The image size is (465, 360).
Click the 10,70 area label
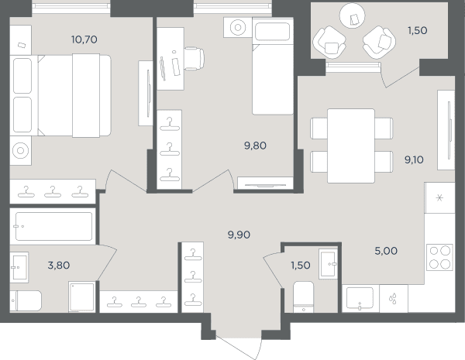[84, 39]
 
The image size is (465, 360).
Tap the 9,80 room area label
[255, 146]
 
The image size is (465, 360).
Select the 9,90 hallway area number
[239, 235]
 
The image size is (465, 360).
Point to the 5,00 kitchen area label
[386, 251]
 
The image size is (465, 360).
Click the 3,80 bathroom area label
[59, 266]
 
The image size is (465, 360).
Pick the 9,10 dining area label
[414, 160]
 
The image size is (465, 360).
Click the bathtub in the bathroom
[53, 226]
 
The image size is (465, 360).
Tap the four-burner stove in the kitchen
[439, 257]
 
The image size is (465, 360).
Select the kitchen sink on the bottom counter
[360, 299]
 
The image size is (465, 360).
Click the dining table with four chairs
[351, 146]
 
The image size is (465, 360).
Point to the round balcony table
[353, 15]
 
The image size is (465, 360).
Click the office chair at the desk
[194, 58]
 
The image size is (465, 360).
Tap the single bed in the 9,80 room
[273, 66]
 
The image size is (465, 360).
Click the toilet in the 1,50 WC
[303, 297]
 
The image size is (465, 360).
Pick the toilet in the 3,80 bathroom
[26, 300]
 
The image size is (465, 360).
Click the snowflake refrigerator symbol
[439, 197]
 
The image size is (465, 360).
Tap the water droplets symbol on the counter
[393, 298]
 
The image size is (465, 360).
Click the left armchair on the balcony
[329, 42]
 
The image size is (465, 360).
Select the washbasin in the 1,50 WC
[329, 264]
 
